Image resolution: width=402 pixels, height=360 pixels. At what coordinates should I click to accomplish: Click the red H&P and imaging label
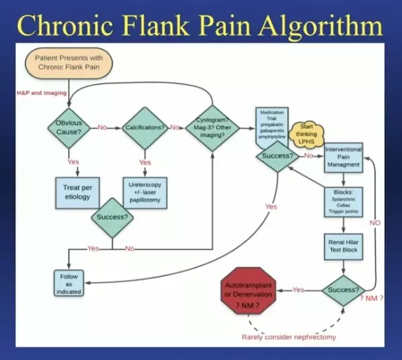pos(42,93)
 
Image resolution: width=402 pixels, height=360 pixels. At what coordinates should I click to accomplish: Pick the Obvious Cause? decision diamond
pos(69,127)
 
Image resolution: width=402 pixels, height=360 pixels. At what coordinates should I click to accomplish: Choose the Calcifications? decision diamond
pos(145,127)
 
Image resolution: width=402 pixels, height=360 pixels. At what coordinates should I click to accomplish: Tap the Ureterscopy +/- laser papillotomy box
pos(146,192)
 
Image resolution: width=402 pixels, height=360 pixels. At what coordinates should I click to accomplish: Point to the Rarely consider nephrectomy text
pos(288,337)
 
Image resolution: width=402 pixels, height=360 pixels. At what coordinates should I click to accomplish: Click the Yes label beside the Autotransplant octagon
pos(298,290)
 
